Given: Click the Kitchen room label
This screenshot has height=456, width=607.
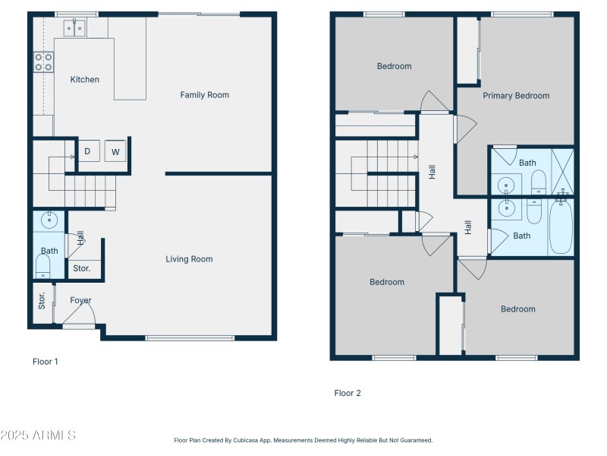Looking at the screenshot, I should [x=84, y=80].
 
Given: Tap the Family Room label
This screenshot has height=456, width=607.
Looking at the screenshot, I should [x=204, y=95].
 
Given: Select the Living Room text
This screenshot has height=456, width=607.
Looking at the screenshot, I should [x=189, y=259].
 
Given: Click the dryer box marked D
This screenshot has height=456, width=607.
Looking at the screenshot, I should [x=87, y=151].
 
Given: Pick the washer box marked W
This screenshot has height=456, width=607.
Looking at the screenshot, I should [x=115, y=151].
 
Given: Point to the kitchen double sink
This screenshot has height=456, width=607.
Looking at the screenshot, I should [x=74, y=29].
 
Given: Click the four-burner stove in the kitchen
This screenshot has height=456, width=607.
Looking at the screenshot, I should [x=43, y=62].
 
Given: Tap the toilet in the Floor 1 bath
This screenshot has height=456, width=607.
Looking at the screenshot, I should [x=43, y=266].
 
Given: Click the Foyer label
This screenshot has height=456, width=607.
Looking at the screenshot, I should [x=80, y=300].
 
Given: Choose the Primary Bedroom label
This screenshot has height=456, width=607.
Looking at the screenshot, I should [x=516, y=96].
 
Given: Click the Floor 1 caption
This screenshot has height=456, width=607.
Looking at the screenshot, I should [x=45, y=362].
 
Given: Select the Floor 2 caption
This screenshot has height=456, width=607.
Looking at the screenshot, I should [x=348, y=393].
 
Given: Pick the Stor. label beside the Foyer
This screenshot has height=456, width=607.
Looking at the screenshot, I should [x=42, y=300].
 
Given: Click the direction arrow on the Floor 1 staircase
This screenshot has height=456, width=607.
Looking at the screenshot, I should [x=73, y=157].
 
